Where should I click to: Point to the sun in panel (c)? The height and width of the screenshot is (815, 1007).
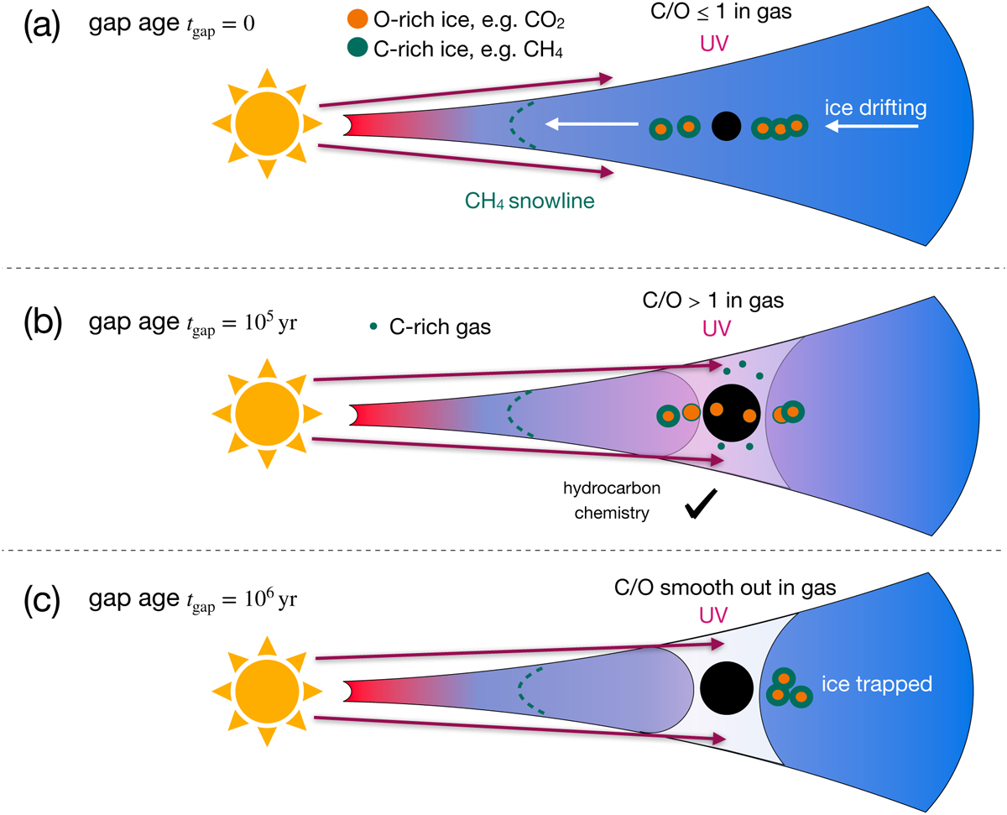click(x=266, y=690)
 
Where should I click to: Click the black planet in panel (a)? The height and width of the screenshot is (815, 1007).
click(x=726, y=126)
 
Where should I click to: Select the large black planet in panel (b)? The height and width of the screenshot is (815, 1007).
click(x=732, y=412)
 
